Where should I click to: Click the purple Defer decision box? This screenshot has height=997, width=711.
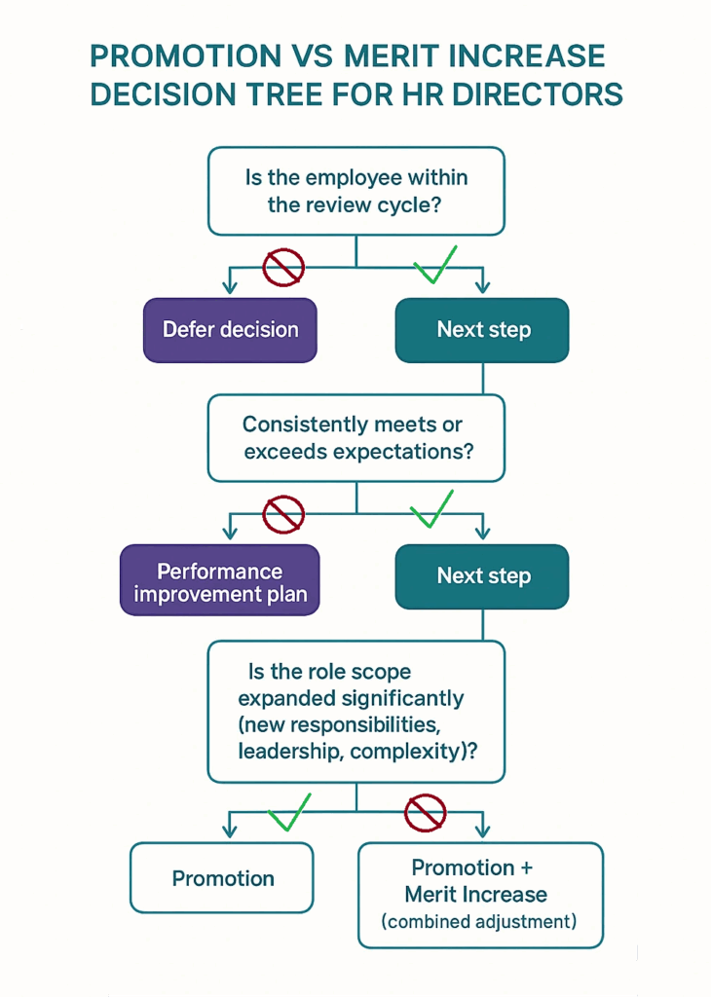pyautogui.click(x=230, y=330)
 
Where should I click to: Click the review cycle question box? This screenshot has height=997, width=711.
pyautogui.click(x=356, y=191)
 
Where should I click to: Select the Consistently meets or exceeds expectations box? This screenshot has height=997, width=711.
pyautogui.click(x=356, y=437)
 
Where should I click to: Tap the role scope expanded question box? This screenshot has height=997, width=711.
pyautogui.click(x=356, y=711)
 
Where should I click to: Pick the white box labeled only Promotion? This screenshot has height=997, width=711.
pyautogui.click(x=222, y=878)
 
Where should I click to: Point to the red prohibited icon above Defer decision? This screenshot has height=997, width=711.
pyautogui.click(x=283, y=266)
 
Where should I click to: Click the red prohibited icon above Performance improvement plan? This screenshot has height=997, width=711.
pyautogui.click(x=283, y=512)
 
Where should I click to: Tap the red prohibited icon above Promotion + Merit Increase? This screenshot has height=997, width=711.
pyautogui.click(x=425, y=811)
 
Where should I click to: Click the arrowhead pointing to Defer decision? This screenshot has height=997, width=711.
pyautogui.click(x=230, y=286)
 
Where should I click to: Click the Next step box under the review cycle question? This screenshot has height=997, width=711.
pyautogui.click(x=482, y=330)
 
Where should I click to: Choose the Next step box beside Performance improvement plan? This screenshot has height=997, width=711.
pyautogui.click(x=482, y=576)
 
